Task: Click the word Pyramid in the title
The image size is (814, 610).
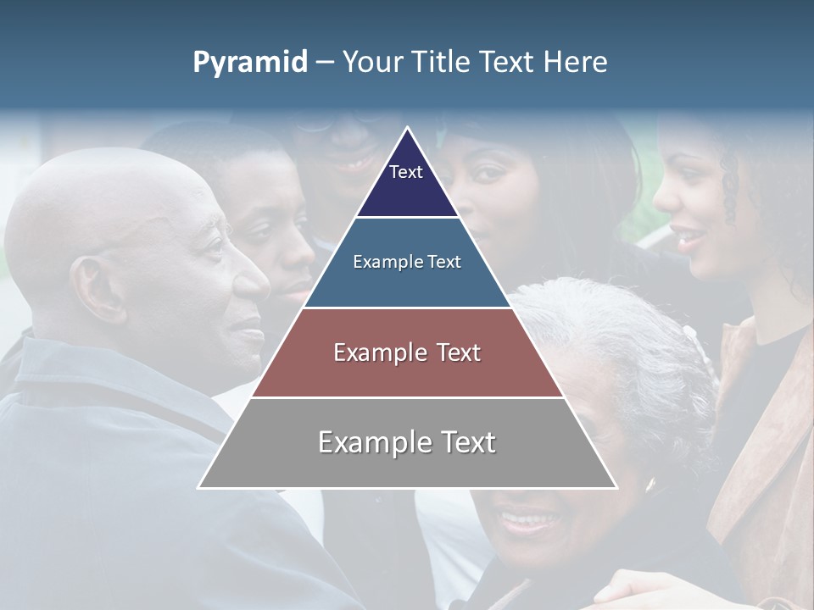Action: [x=250, y=63]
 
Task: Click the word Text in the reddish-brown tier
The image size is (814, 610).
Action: [x=458, y=352]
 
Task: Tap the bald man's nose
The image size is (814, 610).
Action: [x=253, y=285]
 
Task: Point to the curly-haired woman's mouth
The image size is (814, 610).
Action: [x=689, y=235]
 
